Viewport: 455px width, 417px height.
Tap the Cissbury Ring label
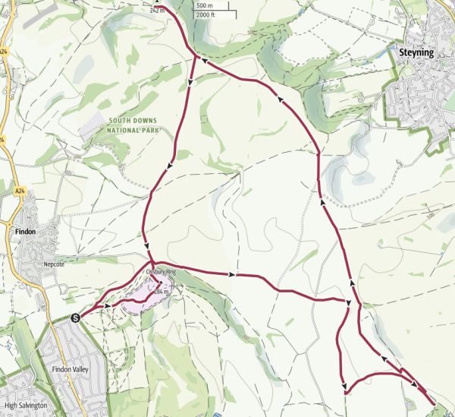[160, 270]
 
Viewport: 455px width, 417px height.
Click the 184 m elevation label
[160, 291]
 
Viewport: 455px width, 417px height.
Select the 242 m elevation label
[158, 11]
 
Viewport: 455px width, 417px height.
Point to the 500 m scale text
[203, 6]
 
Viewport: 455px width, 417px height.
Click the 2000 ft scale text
[205, 14]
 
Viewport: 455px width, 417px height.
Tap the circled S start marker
[75, 317]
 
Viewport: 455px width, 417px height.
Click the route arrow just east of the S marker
[108, 305]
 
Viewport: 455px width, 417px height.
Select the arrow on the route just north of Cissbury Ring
[146, 245]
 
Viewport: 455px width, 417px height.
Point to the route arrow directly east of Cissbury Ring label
[231, 273]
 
